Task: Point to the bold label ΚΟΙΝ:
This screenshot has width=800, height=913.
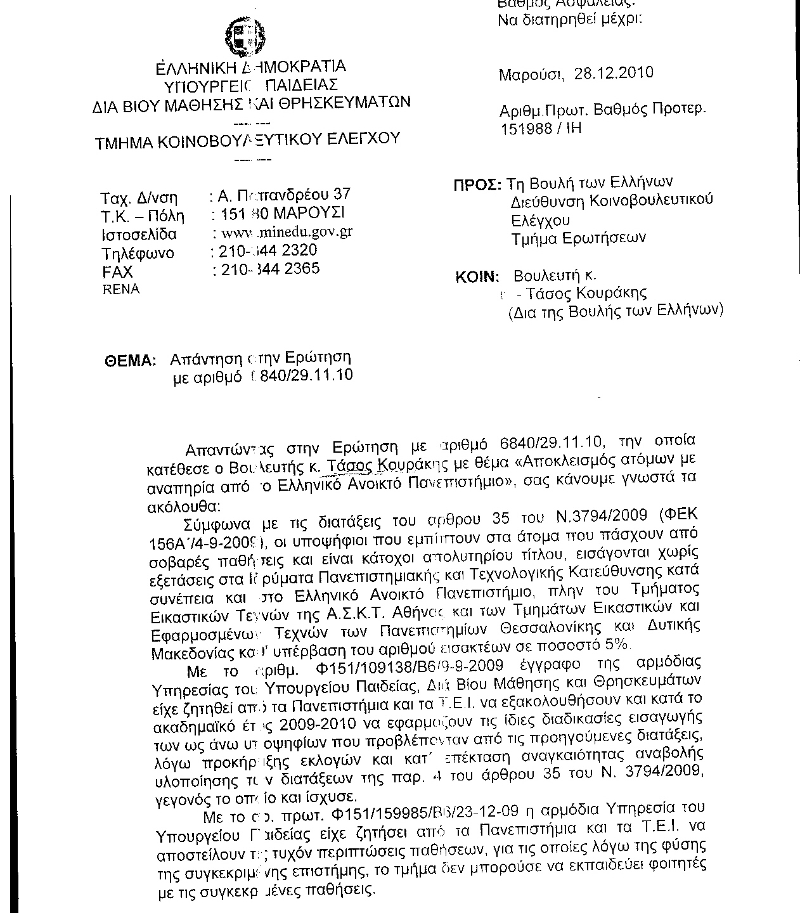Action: [x=477, y=277]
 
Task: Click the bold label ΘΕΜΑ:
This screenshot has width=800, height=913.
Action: [x=130, y=360]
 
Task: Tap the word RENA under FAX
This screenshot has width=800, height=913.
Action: [x=121, y=289]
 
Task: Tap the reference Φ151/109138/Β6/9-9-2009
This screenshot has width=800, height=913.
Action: [x=408, y=666]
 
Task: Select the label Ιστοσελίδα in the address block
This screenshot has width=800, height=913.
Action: [x=139, y=235]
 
